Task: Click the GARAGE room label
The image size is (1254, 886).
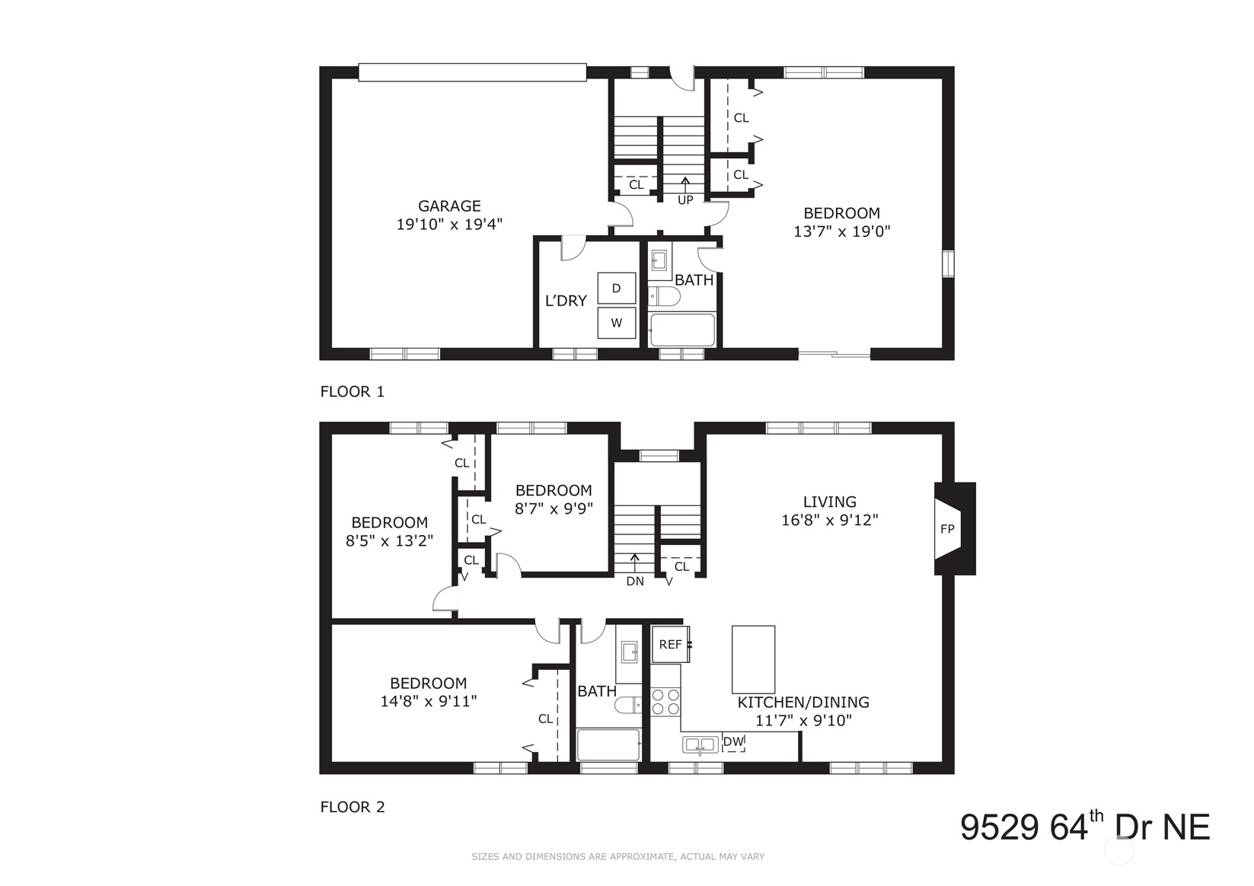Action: point(449,206)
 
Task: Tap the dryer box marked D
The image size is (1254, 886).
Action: point(616,288)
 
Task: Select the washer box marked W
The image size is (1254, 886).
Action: point(616,323)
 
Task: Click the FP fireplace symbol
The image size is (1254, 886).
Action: point(947,529)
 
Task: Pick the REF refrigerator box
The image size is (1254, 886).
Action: point(670,644)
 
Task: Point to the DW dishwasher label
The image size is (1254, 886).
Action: point(732,741)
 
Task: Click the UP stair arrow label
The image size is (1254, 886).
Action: point(685,199)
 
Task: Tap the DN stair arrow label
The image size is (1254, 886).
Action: point(635,581)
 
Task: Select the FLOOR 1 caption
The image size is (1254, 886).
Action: point(353,392)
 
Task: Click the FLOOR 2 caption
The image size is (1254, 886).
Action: point(353,807)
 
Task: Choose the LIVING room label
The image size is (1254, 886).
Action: point(829,502)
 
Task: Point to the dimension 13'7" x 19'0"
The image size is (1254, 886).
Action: point(841,231)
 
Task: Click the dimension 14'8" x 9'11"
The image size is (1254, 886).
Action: point(428,701)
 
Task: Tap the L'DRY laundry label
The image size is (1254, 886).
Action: point(566,301)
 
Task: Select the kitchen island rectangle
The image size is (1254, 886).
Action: point(753,659)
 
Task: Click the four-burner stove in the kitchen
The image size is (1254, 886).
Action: point(665,701)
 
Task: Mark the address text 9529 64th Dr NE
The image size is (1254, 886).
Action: point(1084,827)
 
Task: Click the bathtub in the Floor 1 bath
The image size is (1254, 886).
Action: point(682,330)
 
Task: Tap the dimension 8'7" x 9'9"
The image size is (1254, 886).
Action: point(554,508)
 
